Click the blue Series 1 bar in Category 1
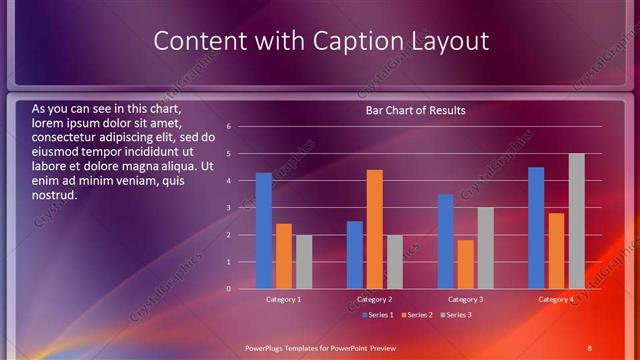[x=264, y=231]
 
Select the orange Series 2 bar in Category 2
[x=375, y=229]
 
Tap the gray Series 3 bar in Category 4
[x=577, y=221]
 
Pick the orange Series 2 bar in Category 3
[x=466, y=264]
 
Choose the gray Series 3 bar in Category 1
[x=304, y=262]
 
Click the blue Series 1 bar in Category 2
[x=355, y=255]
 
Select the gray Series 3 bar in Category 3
[x=486, y=248]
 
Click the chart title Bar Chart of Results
[x=415, y=110]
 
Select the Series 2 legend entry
[x=416, y=315]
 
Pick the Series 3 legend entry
[x=455, y=315]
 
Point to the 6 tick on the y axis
[x=230, y=127]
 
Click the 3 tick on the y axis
[x=230, y=208]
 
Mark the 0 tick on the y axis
[x=230, y=289]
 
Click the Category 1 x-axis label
[x=284, y=300]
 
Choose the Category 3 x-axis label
[x=466, y=300]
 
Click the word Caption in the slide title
[x=368, y=41]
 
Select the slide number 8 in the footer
[x=589, y=347]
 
